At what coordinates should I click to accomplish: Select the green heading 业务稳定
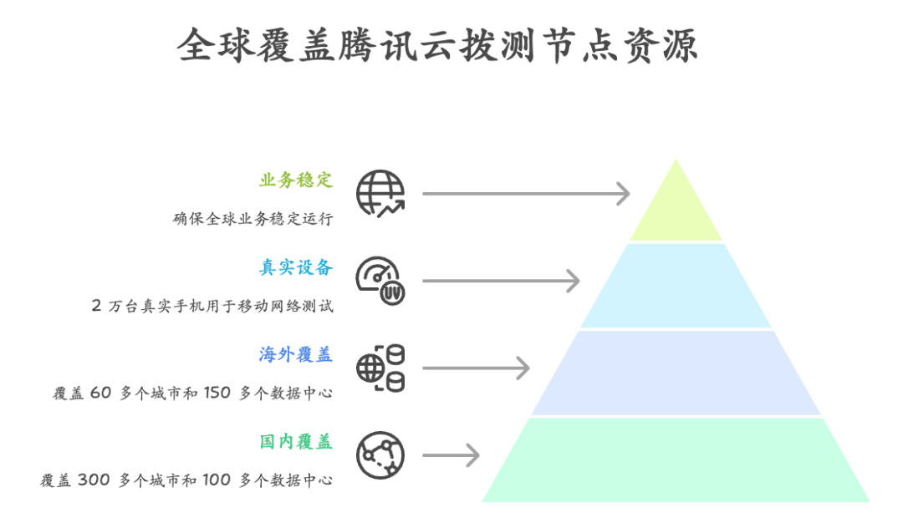pos(296,180)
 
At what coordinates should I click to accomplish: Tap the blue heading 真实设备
pos(296,267)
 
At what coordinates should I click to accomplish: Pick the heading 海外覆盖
pos(296,354)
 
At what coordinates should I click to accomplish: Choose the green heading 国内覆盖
pos(296,441)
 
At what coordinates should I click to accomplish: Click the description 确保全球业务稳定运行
pos(253,219)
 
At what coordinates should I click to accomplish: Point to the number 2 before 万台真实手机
pos(96,306)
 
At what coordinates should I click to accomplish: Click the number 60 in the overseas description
pos(100,393)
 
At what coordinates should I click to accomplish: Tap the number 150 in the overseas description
pos(217,393)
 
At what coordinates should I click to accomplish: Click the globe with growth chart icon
pos(380,194)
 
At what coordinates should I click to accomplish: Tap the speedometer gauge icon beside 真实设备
pos(380,281)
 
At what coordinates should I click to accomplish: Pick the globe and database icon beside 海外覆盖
pos(380,368)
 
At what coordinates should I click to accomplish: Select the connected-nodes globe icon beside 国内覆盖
pos(380,455)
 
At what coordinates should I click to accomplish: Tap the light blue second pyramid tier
pos(676,287)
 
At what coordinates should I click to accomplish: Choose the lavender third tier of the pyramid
pos(676,373)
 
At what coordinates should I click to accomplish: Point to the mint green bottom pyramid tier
pos(676,460)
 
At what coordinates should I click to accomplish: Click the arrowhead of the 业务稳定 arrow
pos(624,194)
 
